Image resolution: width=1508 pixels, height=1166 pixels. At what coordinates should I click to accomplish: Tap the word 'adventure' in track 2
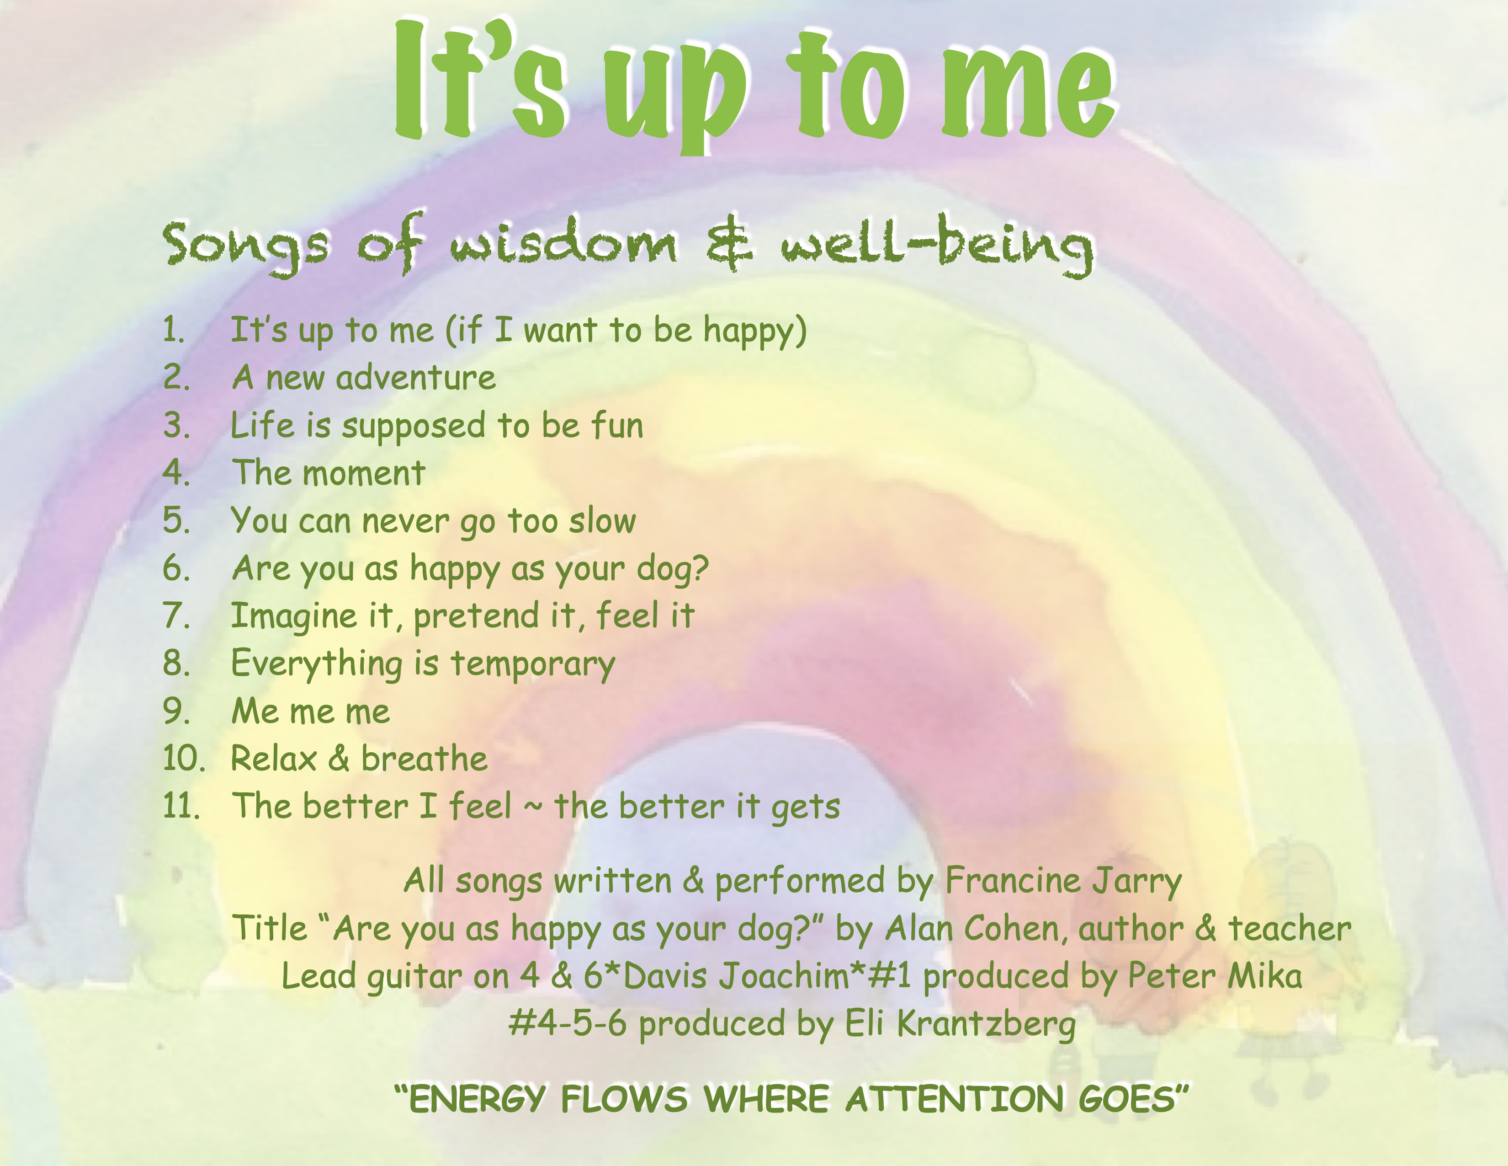tap(416, 378)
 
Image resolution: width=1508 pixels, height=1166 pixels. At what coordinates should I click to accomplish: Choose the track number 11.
tap(181, 806)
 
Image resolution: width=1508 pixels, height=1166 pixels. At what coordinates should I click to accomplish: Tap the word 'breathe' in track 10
tap(425, 759)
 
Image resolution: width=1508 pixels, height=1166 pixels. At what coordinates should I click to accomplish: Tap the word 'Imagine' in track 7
tap(293, 617)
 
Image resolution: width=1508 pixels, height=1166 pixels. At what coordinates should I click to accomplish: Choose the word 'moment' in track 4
tap(363, 474)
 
